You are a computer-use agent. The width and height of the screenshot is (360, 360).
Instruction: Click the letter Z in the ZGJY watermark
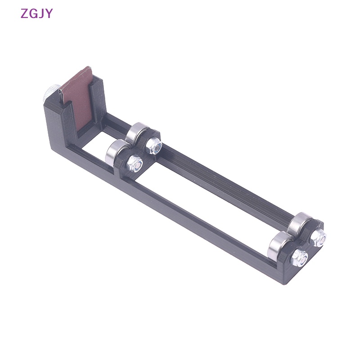pyautogui.click(x=24, y=13)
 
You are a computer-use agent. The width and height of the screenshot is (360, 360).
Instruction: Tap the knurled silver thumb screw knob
pyautogui.click(x=51, y=93)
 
